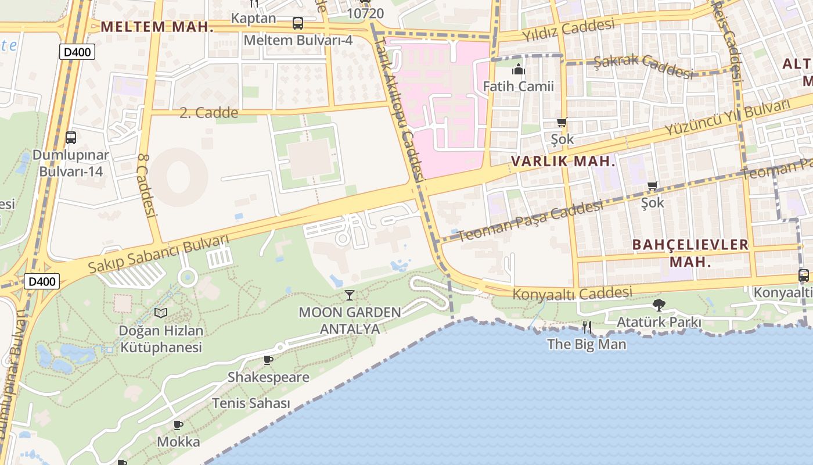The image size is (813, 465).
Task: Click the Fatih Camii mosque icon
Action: pos(519,70)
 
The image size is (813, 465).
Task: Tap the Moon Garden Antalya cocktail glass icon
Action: pos(349,295)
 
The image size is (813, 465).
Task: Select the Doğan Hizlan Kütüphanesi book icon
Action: pos(161,313)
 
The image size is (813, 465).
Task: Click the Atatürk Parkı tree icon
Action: pos(659,305)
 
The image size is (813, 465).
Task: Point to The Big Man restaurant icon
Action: pos(587,327)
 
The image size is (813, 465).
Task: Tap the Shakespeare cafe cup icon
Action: pos(268,360)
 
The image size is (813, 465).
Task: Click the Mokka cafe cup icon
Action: pos(178,425)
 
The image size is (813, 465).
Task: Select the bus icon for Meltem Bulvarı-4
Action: pos(298,23)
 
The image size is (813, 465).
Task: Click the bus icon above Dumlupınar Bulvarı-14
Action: pos(70,138)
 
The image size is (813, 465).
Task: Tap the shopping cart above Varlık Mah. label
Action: pos(562,122)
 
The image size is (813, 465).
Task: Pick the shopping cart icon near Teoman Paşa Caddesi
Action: pos(652,186)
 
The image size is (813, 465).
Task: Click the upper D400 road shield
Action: pos(77,52)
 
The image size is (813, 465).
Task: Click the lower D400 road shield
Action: pos(42,282)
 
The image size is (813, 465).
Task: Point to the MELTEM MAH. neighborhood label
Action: pos(153,27)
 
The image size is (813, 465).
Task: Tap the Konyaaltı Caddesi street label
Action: pos(571,293)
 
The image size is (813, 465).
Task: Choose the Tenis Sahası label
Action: pos(250,403)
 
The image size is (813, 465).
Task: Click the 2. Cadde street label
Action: pos(208,113)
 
